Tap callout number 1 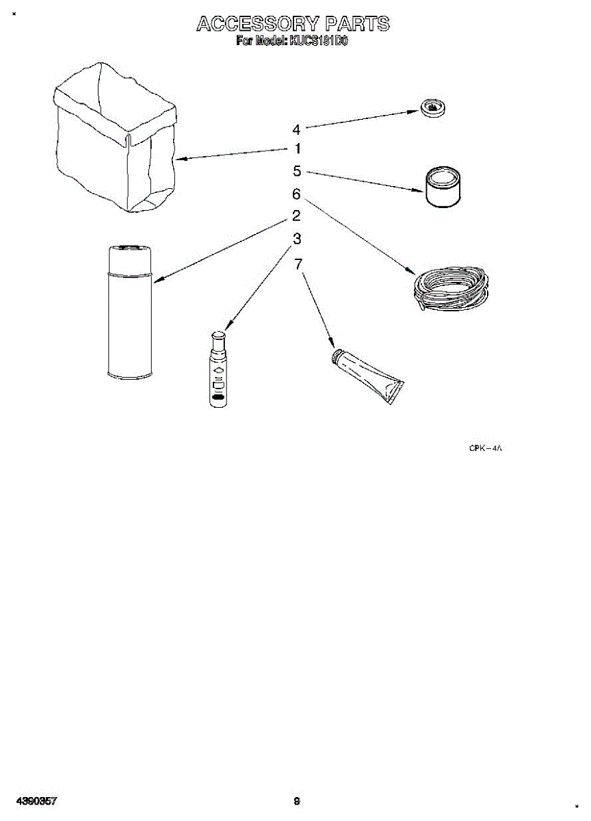pos(298,148)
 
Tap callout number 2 pos(296,216)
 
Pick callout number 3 pos(297,239)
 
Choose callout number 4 pos(296,129)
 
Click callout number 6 pos(296,194)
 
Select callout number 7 pos(298,263)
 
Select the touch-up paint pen pos(218,369)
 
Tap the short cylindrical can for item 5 pos(443,185)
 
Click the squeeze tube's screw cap pos(337,356)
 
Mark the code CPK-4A pos(486,449)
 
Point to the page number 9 pos(296,800)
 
